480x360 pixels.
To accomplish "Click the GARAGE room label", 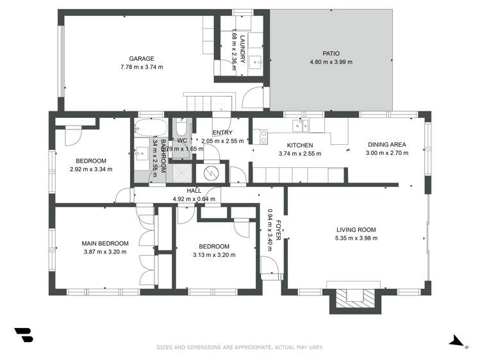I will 141,59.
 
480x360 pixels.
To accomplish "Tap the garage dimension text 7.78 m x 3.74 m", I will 141,67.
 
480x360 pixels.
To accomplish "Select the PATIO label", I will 331,54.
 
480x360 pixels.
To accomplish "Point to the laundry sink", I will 257,62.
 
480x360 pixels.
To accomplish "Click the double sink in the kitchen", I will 299,126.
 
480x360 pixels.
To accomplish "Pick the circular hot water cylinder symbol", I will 211,173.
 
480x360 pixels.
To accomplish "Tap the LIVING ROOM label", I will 356,230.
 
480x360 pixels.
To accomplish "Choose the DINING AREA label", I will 386,145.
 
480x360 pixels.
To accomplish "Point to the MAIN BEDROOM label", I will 104,243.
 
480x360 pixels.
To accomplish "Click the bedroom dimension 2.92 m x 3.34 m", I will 90,170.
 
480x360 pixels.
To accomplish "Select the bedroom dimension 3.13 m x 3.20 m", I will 213,255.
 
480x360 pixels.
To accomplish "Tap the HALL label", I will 194,191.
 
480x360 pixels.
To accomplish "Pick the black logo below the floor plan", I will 23,335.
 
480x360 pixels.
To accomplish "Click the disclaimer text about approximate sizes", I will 240,348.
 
